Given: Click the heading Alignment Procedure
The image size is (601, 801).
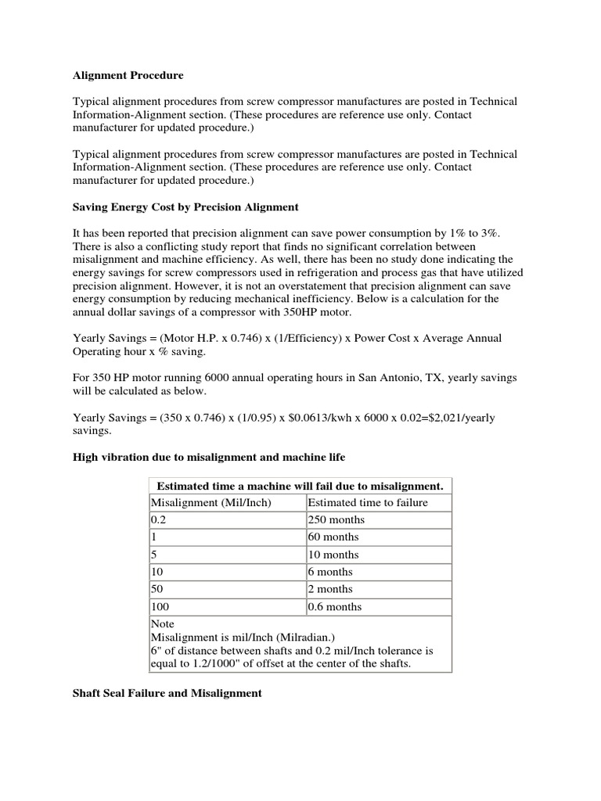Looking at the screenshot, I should tap(128, 76).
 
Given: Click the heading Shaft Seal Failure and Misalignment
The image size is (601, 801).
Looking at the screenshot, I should tap(167, 693).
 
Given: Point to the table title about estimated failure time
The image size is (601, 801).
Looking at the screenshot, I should tap(300, 486).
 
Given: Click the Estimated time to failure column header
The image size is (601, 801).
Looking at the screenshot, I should tap(368, 502).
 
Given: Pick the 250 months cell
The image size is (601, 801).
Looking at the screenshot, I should tap(336, 519).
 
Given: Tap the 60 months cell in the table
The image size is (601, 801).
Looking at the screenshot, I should tap(333, 537).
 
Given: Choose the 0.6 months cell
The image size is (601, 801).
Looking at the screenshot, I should tap(335, 606).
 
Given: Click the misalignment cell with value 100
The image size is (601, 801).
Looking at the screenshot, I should tap(160, 606).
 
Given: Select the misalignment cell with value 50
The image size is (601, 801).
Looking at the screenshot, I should tap(157, 589).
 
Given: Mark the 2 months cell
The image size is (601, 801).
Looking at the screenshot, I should tap(330, 589).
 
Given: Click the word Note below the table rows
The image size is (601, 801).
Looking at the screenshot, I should tap(162, 624).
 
